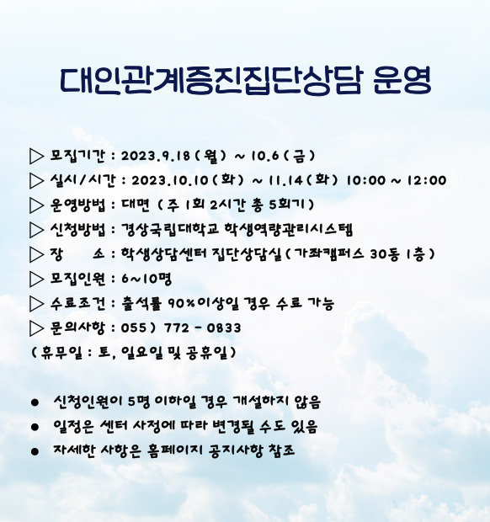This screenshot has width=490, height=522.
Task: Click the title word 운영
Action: [x=402, y=80]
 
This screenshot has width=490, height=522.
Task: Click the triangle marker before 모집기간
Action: [x=36, y=156]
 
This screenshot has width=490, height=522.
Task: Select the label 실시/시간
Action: [x=83, y=180]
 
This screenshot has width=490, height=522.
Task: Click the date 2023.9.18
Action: [x=156, y=156]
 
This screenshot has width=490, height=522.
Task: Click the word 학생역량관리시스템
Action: [x=288, y=229]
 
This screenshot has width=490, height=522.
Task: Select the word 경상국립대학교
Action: [x=169, y=229]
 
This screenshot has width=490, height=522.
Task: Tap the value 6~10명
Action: [x=146, y=279]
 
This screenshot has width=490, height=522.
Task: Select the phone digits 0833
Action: [x=224, y=328]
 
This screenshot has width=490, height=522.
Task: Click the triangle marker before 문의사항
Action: [x=36, y=328]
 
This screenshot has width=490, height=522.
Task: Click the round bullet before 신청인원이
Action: [x=35, y=402]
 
